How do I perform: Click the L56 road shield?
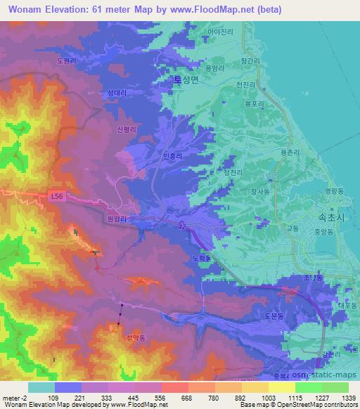(58, 197)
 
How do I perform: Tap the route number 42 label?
(181, 225)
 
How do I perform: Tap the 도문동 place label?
(274, 318)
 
